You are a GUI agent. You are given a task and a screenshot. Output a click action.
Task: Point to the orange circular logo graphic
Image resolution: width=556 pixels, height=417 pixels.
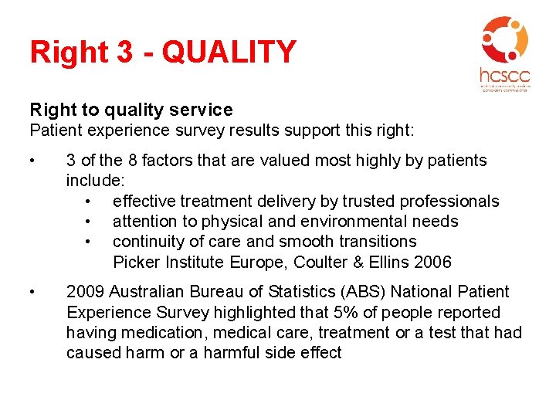tap(504, 39)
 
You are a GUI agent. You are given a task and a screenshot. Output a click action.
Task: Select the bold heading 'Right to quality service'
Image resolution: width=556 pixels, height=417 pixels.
tap(131, 110)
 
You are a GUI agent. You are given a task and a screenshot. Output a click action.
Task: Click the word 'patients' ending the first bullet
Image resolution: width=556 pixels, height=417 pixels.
tap(455, 161)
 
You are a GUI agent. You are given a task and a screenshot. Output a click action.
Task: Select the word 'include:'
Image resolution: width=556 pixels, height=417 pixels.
tap(95, 181)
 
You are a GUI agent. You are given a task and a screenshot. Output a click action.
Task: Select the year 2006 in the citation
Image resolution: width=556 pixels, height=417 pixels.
tap(432, 262)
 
